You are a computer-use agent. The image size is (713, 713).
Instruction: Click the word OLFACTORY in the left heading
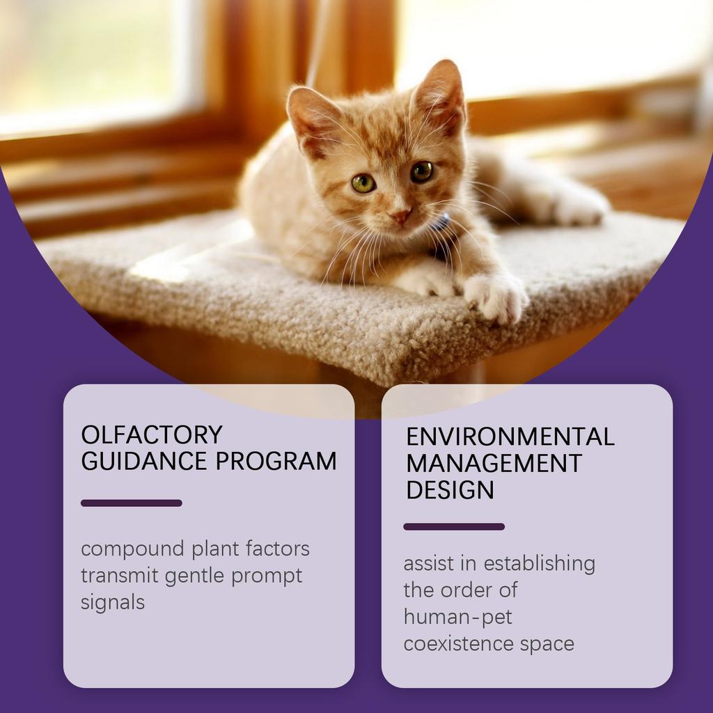151,434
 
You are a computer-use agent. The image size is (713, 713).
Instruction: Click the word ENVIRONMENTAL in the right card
510,437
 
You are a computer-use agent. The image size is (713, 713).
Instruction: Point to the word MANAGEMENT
494,463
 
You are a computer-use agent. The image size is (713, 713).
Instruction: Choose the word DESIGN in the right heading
450,489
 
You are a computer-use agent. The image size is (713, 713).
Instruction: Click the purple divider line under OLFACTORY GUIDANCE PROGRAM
131,503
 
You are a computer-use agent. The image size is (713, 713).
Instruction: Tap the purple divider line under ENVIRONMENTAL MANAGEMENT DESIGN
454,526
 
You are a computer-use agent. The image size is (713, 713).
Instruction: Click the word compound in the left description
132,549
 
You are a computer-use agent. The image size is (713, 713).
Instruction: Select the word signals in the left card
113,602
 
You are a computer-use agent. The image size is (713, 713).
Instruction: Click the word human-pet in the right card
457,616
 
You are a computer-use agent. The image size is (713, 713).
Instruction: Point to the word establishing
539,563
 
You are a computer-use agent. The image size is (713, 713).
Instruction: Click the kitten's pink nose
400,216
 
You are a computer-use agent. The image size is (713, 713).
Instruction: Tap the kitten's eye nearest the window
363,183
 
